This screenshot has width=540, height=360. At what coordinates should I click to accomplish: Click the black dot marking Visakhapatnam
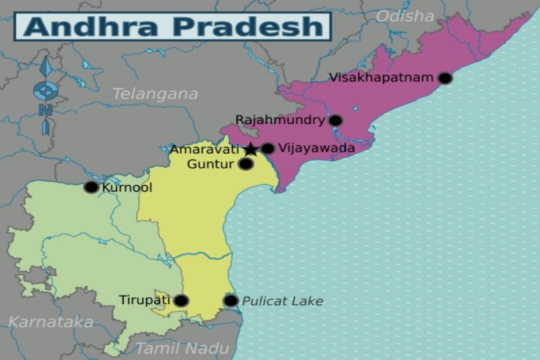tap(445, 78)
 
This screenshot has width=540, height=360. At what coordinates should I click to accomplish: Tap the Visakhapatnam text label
tap(381, 77)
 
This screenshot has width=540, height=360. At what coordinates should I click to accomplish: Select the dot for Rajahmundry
tap(335, 121)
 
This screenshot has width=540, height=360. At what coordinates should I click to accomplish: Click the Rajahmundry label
tap(280, 120)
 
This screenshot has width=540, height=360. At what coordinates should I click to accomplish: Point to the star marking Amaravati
tap(250, 149)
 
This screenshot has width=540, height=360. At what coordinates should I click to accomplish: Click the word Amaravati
tap(204, 150)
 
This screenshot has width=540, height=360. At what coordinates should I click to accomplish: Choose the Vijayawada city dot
tap(267, 149)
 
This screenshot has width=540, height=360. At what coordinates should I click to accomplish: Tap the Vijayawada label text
tap(316, 148)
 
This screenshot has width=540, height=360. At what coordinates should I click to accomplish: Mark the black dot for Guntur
tap(246, 164)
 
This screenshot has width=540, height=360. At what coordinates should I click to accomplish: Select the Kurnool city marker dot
tap(91, 187)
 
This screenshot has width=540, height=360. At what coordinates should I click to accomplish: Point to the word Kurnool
tap(127, 188)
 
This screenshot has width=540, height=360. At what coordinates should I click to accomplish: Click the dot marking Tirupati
tap(181, 300)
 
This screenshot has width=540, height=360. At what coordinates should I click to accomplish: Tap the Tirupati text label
tap(145, 300)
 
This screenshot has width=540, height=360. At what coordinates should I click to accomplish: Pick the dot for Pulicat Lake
tap(231, 300)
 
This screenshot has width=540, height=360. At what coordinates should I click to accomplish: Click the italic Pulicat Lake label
tap(282, 301)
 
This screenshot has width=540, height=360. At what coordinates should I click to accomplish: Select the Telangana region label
tap(154, 93)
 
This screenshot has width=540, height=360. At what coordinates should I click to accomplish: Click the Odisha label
tap(405, 16)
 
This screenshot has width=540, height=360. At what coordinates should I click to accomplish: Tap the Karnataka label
tap(51, 322)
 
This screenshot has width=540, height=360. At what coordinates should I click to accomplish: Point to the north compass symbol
tap(45, 93)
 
